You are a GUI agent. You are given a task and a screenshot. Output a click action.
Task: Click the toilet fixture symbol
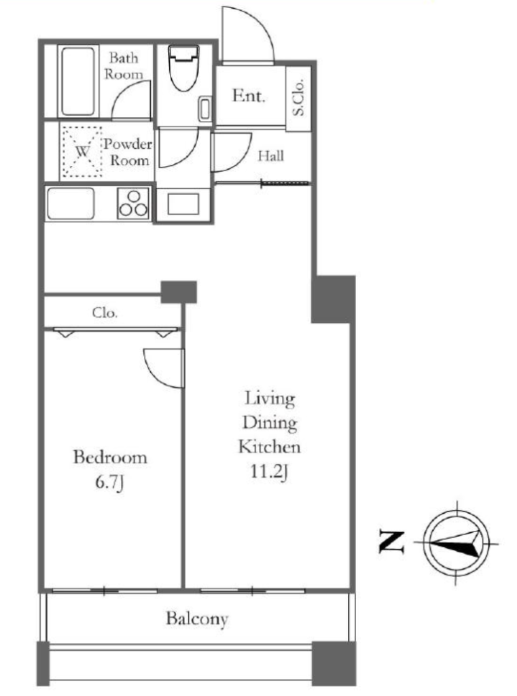click(183, 67)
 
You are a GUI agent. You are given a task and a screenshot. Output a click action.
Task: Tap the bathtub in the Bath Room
click(78, 82)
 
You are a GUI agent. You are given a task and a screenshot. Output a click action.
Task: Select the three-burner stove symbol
click(133, 203)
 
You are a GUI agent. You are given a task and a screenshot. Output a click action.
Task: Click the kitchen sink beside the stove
click(71, 203)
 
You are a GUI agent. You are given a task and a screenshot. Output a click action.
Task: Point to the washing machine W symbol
click(82, 152)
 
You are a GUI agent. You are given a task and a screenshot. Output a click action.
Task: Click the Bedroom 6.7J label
click(109, 469)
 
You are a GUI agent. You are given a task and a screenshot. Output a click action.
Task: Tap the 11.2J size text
click(270, 472)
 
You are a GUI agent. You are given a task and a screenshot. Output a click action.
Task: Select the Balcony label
click(197, 619)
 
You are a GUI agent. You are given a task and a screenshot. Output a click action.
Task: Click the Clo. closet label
click(105, 313)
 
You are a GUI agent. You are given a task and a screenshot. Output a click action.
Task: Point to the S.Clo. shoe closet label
click(299, 98)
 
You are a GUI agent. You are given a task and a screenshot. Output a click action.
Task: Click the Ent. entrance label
click(248, 95)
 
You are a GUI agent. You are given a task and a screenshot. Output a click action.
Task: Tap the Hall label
click(270, 156)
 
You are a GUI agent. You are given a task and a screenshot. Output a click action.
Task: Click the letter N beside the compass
click(391, 542)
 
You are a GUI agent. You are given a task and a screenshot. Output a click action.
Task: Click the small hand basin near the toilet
click(205, 108)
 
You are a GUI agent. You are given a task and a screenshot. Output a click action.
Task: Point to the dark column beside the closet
click(179, 292)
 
